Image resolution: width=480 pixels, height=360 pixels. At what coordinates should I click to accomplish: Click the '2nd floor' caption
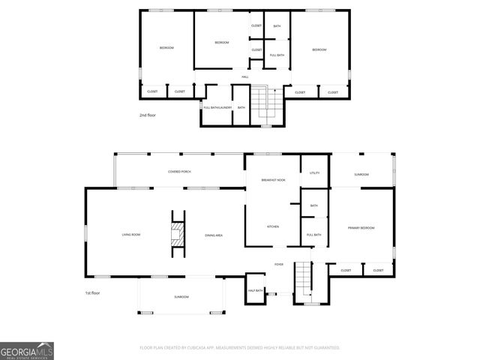pyautogui.click(x=147, y=115)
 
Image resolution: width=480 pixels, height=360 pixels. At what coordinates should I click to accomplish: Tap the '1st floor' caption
pyautogui.click(x=92, y=292)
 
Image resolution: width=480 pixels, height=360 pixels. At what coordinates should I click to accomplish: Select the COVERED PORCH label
pyautogui.click(x=179, y=172)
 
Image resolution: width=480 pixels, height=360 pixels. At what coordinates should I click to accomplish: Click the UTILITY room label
pyautogui.click(x=314, y=173)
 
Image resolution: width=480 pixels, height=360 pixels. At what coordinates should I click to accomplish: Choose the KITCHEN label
pyautogui.click(x=273, y=226)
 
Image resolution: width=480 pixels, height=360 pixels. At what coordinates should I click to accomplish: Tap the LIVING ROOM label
pyautogui.click(x=131, y=235)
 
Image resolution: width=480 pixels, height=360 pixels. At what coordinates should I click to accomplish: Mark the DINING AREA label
pyautogui.click(x=214, y=235)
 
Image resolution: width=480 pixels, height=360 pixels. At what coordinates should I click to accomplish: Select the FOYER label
pyautogui.click(x=279, y=265)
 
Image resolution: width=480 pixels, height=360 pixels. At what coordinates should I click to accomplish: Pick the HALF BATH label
pyautogui.click(x=255, y=290)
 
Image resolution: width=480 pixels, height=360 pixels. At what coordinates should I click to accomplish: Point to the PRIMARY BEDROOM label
pyautogui.click(x=361, y=228)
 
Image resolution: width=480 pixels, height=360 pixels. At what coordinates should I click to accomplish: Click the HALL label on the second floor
pyautogui.click(x=244, y=77)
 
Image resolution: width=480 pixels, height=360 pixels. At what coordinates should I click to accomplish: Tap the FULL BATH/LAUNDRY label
pyautogui.click(x=217, y=108)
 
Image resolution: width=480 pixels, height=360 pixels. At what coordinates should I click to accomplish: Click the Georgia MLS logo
pyautogui.click(x=27, y=350)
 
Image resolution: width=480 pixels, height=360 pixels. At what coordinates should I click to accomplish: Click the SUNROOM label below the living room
pyautogui.click(x=181, y=297)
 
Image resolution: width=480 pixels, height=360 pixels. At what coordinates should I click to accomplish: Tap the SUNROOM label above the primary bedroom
pyautogui.click(x=361, y=174)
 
